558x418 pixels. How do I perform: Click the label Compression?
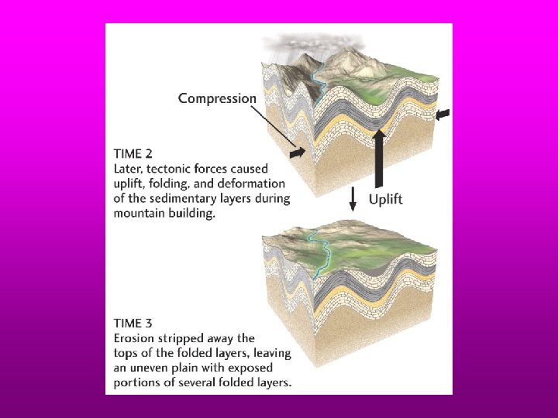click(216, 98)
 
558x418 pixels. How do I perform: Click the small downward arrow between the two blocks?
click(353, 200)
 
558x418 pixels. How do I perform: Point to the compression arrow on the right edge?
click(443, 115)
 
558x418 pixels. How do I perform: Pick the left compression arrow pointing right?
click(297, 156)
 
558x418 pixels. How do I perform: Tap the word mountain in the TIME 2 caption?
click(139, 213)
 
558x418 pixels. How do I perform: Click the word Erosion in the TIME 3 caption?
click(136, 338)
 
